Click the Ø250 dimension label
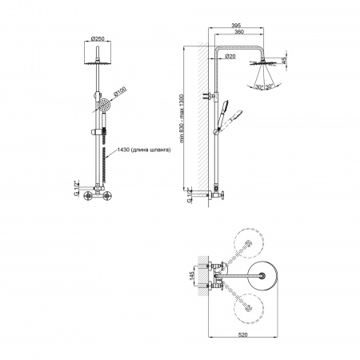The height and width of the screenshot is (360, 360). [98, 38]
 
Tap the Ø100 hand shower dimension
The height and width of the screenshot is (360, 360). [120, 91]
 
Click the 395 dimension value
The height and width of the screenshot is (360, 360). [236, 26]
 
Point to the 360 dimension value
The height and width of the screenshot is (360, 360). [239, 32]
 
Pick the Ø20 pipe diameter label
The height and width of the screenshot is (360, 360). [230, 56]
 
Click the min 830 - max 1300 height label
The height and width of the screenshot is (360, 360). [182, 118]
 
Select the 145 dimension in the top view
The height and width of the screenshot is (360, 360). [191, 276]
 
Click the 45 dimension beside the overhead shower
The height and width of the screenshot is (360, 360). [284, 60]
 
